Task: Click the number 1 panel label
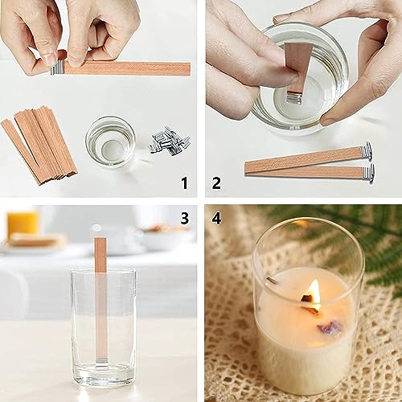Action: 183,183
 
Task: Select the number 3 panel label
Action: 183,218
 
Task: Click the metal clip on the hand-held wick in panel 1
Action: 55,69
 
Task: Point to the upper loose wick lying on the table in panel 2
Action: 310,155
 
